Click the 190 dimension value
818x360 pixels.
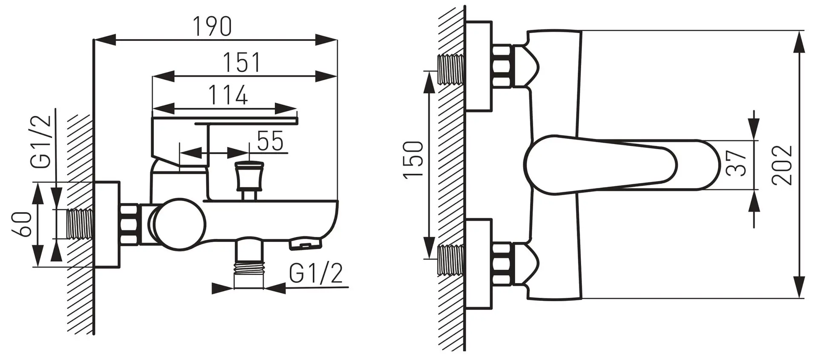pyautogui.click(x=213, y=26)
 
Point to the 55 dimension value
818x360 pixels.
pyautogui.click(x=270, y=141)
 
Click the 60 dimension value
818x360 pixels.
pyautogui.click(x=21, y=224)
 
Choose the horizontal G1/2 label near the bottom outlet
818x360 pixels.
pyautogui.click(x=315, y=274)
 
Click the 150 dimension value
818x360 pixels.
pyautogui.click(x=413, y=159)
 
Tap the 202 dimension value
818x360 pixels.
pyautogui.click(x=782, y=165)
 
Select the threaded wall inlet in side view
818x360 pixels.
pyautogui.click(x=80, y=224)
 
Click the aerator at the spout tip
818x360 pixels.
pyautogui.click(x=305, y=245)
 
